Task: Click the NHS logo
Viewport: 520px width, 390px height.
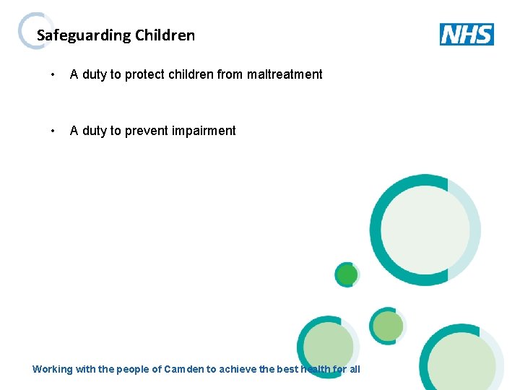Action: point(467,34)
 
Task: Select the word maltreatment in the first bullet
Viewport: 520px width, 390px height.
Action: point(285,74)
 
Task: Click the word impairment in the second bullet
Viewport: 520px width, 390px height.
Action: point(206,131)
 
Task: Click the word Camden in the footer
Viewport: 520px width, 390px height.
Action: point(184,369)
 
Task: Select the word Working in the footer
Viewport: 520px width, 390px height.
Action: point(53,369)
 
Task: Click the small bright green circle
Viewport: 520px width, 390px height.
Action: point(347,274)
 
